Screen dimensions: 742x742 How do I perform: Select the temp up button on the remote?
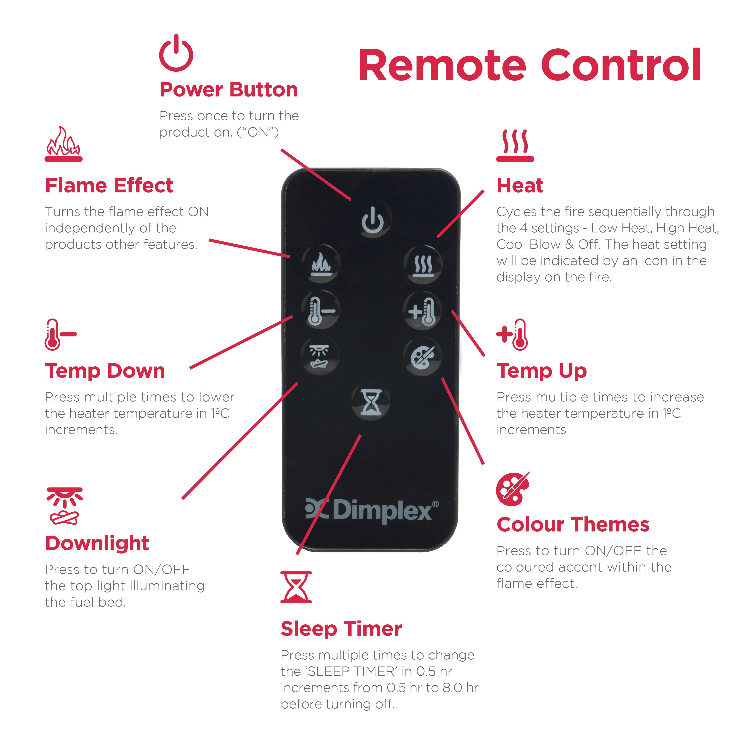point(422,310)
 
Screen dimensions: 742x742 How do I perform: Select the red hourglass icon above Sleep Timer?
point(296,587)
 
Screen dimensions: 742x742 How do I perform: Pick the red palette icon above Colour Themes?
point(513,489)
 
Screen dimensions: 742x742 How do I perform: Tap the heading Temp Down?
point(105,371)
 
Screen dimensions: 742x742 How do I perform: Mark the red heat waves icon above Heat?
point(515,146)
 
